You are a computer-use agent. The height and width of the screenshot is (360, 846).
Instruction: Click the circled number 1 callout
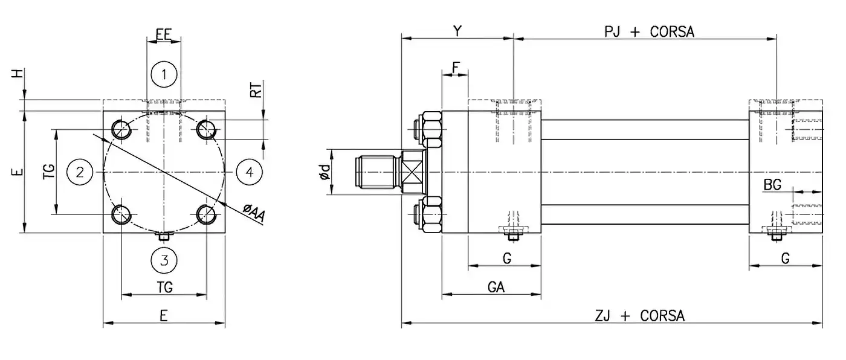click(x=164, y=76)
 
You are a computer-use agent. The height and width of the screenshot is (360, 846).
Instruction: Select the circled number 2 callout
click(x=79, y=172)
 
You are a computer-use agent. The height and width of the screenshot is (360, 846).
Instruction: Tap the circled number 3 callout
click(x=164, y=260)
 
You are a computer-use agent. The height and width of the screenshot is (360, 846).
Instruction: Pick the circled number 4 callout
click(x=249, y=172)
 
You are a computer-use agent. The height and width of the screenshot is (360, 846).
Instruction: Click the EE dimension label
click(x=164, y=34)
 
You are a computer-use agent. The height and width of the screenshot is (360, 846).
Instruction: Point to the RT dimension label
click(x=257, y=91)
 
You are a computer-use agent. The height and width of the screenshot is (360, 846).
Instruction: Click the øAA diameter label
click(x=254, y=213)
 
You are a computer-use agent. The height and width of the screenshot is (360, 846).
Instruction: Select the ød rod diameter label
click(x=325, y=173)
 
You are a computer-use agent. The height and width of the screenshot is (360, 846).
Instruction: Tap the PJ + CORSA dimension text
click(x=650, y=32)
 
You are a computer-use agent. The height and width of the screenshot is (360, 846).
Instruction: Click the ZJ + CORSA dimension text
click(x=640, y=315)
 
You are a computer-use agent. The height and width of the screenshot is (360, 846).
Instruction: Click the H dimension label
click(x=19, y=73)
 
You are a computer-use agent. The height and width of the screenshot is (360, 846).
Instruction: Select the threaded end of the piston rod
click(x=375, y=172)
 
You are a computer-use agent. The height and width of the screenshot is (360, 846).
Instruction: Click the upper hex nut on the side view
click(x=433, y=127)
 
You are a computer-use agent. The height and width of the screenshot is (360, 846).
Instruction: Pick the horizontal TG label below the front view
click(x=164, y=287)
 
